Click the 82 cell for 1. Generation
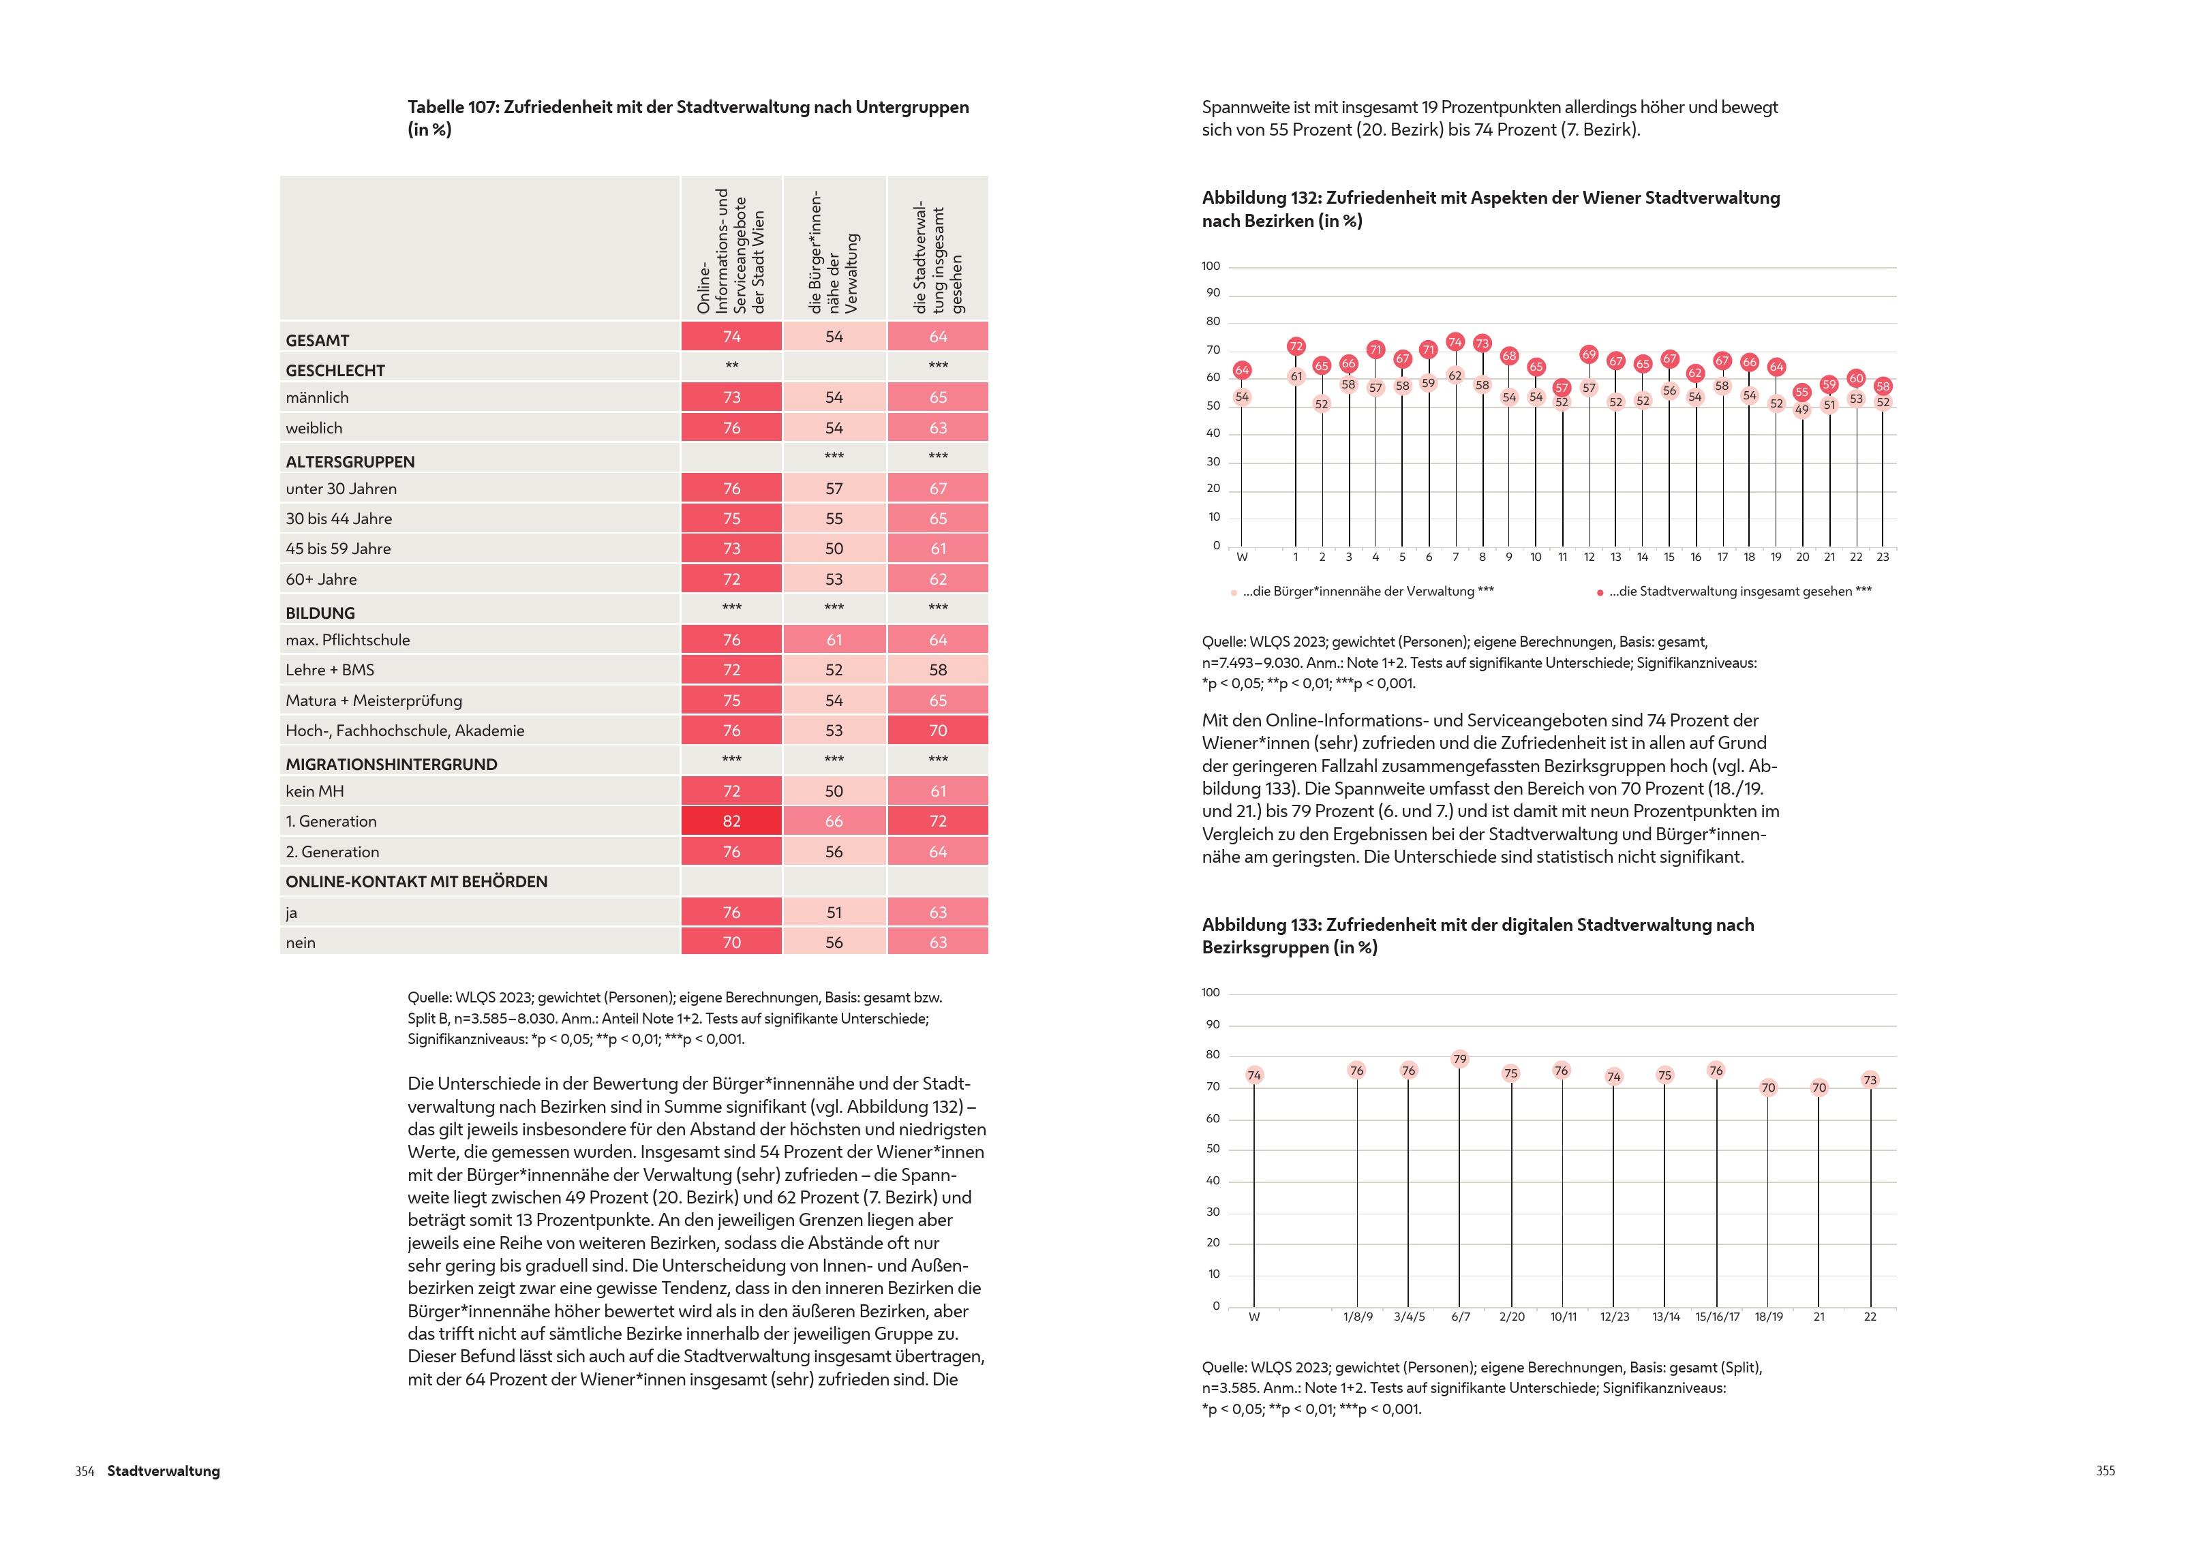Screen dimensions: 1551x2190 731,821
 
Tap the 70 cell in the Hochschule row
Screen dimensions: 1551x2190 937,731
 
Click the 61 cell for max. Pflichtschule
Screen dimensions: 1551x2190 834,640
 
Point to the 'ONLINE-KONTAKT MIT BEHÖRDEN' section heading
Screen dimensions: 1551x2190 416,882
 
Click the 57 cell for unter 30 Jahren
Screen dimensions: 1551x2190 834,488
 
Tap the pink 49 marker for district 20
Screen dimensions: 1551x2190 1801,410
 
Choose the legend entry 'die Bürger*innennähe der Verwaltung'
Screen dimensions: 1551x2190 1367,592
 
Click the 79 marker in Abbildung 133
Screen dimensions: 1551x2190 1459,1058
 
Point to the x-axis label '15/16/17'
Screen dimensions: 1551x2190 1717,1317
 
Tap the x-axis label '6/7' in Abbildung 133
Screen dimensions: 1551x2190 1460,1317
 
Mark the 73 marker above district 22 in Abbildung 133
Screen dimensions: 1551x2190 1869,1080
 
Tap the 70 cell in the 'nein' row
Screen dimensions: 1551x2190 731,942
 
